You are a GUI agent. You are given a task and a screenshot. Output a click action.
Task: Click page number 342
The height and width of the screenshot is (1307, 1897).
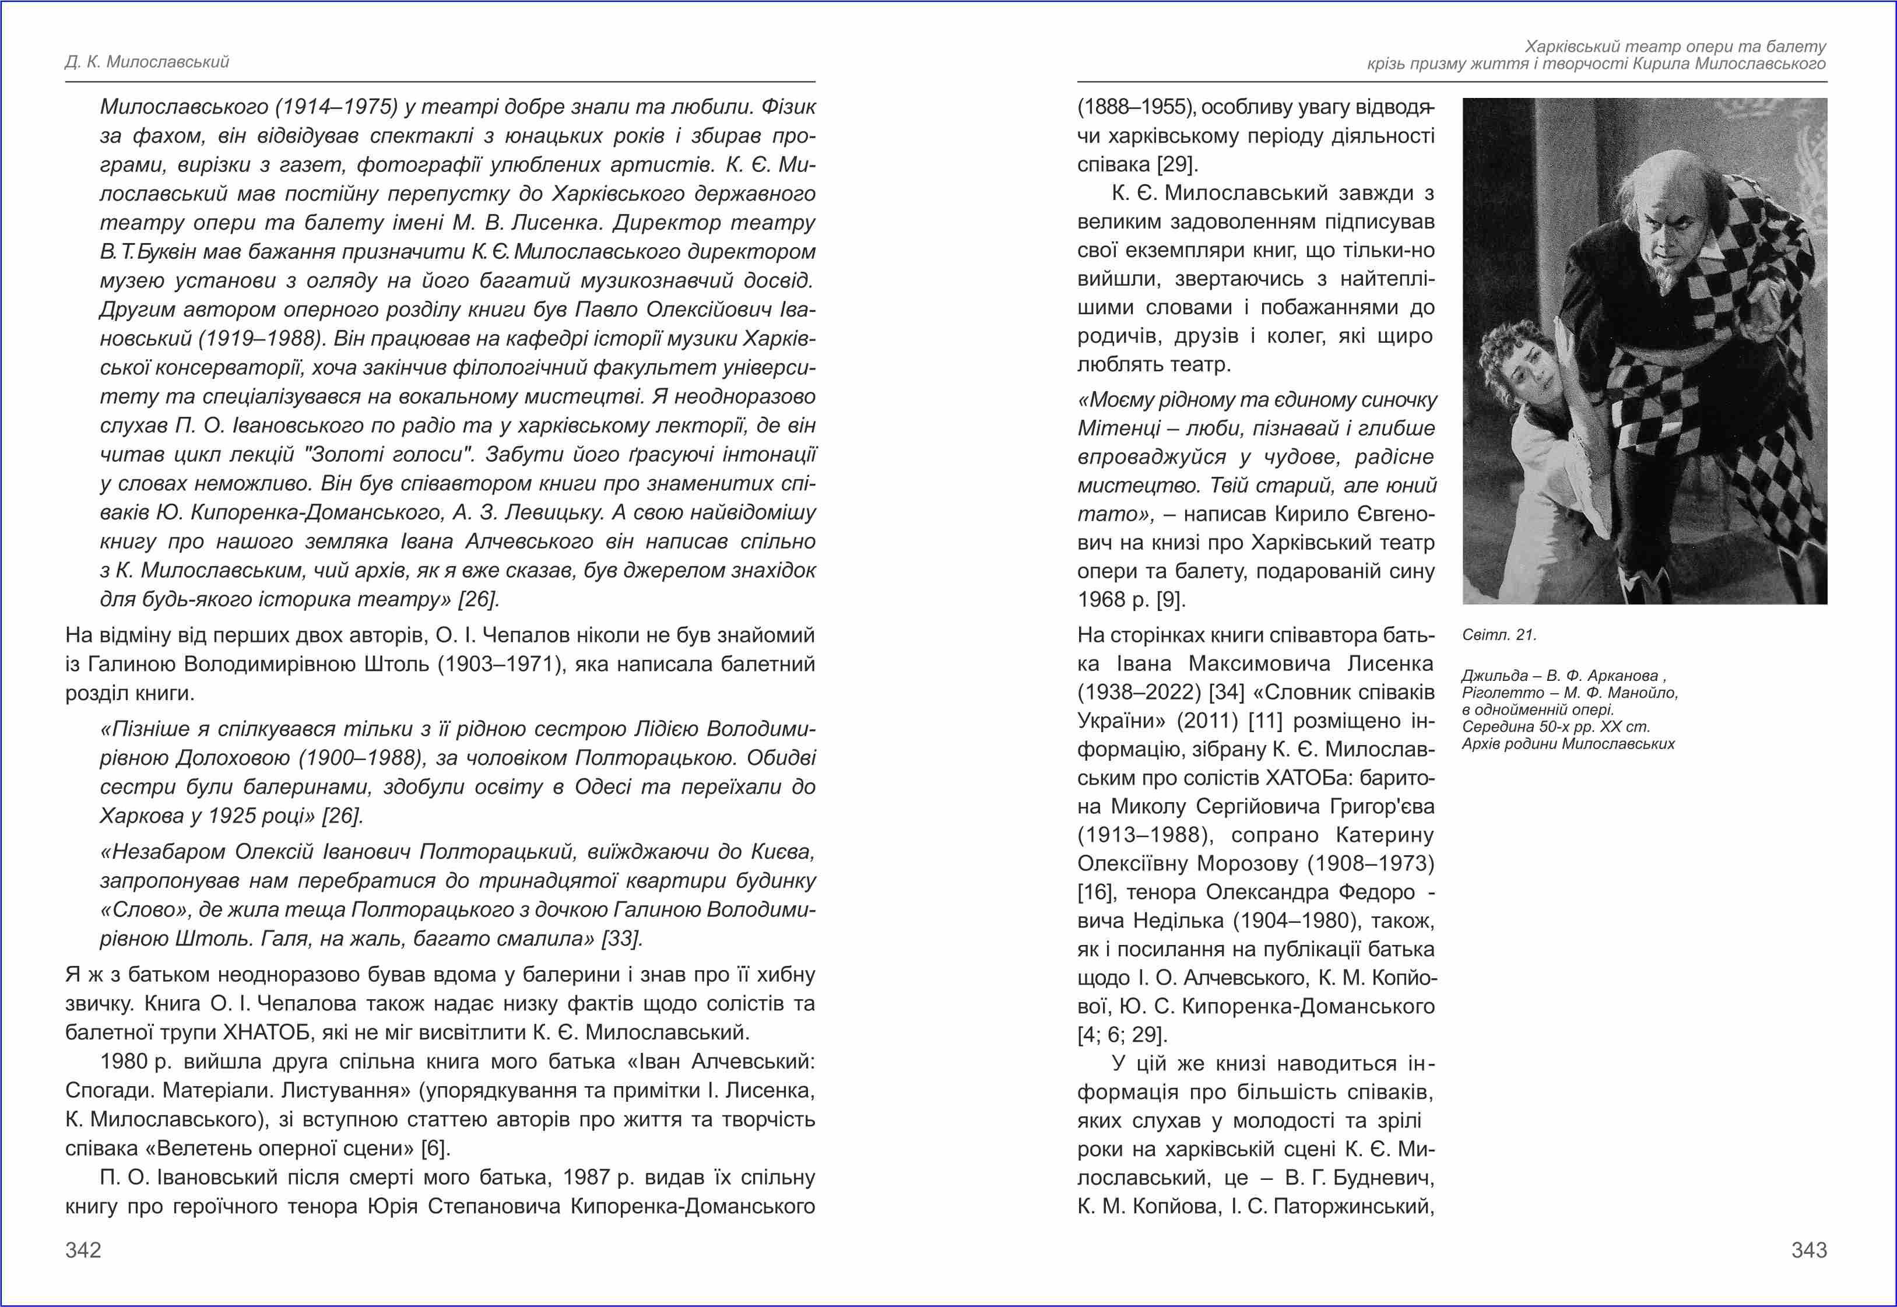click(83, 1250)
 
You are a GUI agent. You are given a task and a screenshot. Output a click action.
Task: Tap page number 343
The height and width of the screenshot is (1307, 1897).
click(1808, 1250)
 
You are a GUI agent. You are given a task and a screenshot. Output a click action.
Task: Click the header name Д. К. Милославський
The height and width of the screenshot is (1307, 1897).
click(147, 62)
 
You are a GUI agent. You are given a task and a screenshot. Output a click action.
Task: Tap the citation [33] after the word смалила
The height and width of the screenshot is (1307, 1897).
click(621, 939)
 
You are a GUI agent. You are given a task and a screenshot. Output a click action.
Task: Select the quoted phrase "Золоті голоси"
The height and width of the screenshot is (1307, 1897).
click(388, 455)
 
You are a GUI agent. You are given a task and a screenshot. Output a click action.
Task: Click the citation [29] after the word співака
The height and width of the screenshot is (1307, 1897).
click(1178, 164)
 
